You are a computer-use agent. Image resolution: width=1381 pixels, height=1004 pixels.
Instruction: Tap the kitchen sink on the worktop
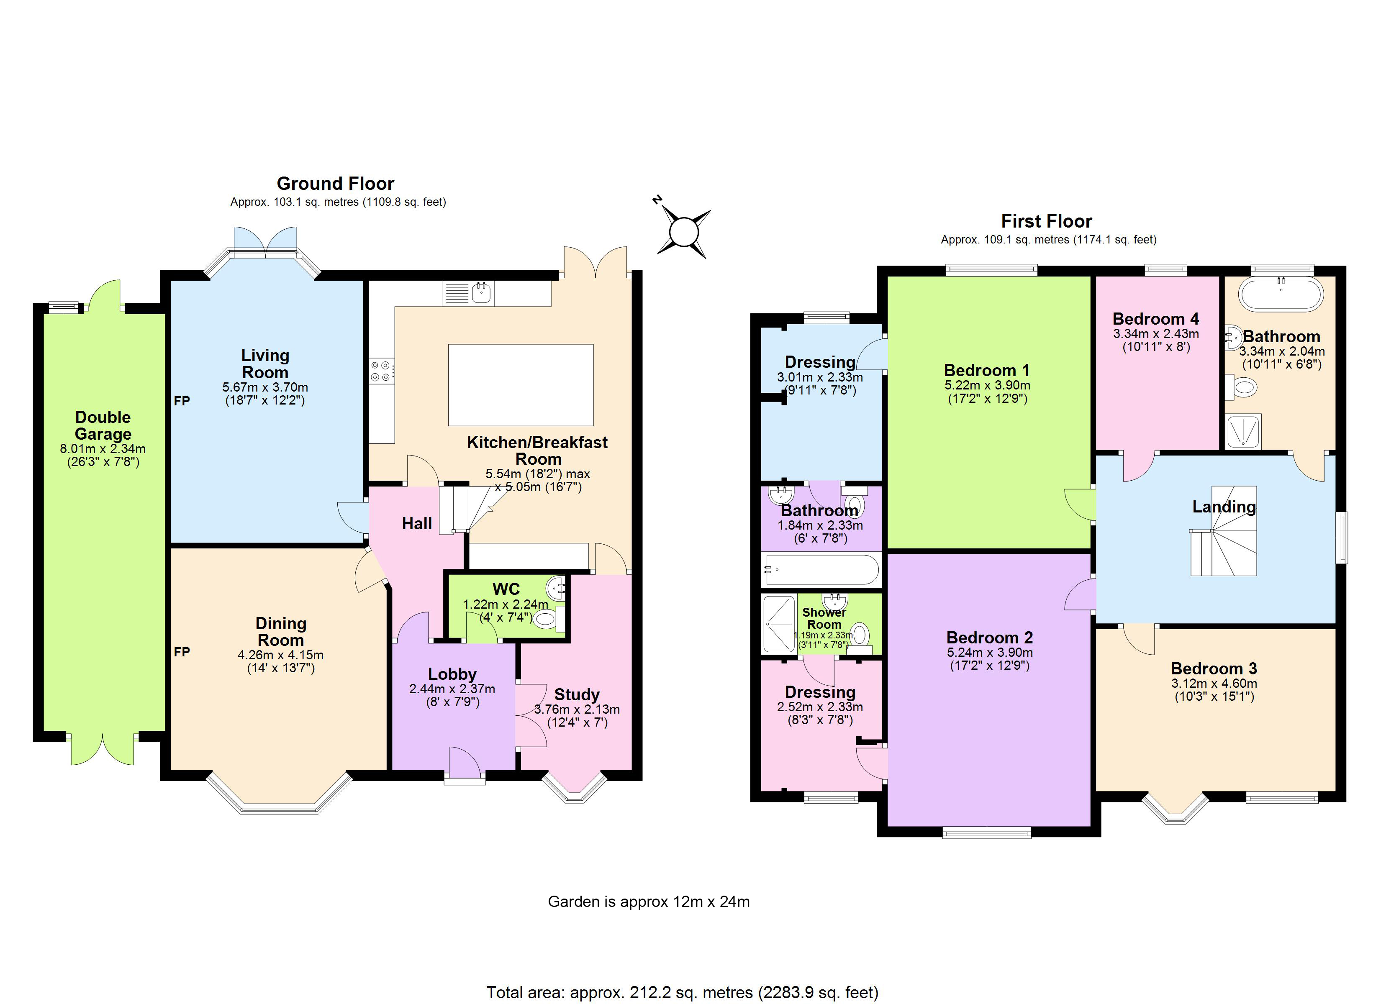coord(482,293)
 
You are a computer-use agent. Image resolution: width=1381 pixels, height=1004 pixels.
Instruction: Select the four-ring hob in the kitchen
coord(382,371)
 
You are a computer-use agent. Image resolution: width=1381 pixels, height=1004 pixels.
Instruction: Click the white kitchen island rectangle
coord(521,385)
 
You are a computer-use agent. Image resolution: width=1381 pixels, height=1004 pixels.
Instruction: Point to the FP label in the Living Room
coord(182,401)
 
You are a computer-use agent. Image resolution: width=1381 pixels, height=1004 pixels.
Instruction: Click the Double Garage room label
coord(103,425)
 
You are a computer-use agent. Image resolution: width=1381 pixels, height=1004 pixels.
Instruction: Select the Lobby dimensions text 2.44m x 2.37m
coord(452,689)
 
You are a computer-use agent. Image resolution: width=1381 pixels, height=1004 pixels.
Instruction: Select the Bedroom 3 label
coord(1214,668)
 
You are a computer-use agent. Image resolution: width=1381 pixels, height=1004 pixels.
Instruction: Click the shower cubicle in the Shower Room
coord(779,623)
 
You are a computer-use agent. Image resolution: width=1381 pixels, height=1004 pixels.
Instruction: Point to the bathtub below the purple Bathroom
coord(821,570)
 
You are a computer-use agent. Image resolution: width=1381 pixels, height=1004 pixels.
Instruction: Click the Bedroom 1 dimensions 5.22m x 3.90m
coord(987,385)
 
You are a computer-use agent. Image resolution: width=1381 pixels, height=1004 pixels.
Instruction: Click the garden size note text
coord(649,902)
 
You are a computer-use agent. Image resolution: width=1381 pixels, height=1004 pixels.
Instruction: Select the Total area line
coord(682,992)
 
